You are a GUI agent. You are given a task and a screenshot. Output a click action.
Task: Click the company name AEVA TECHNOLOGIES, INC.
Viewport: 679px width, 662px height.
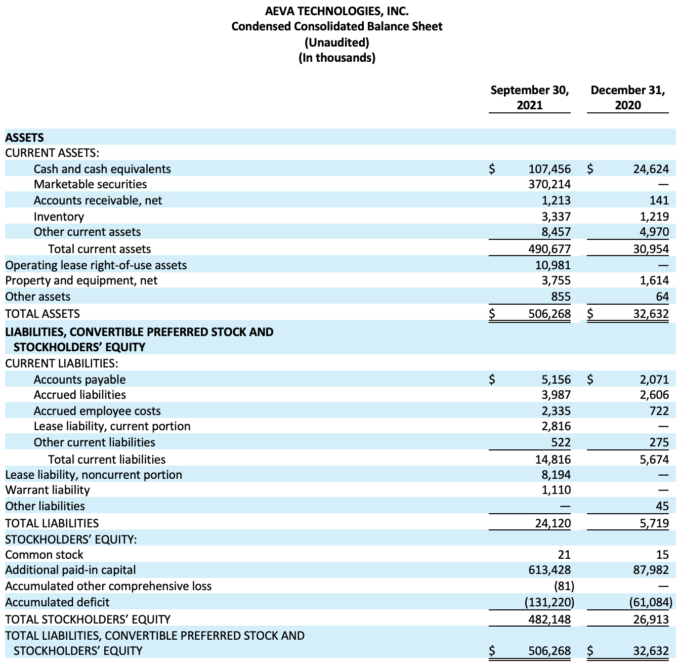pyautogui.click(x=336, y=11)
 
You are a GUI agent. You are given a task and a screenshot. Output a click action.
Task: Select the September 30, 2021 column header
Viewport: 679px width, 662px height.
pyautogui.click(x=529, y=98)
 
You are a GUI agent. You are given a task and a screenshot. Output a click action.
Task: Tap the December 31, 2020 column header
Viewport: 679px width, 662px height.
pyautogui.click(x=627, y=98)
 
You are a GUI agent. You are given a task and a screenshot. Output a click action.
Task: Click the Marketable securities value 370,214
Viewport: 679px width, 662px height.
pyautogui.click(x=549, y=184)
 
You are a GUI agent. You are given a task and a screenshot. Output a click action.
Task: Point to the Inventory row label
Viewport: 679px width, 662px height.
pyautogui.click(x=59, y=217)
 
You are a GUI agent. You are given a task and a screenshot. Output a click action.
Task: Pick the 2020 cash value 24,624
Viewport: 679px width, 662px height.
pyautogui.click(x=651, y=169)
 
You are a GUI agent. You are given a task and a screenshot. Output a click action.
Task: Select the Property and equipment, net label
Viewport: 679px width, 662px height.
pyautogui.click(x=81, y=280)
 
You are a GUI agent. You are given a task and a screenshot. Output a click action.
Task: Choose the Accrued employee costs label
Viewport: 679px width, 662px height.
pyautogui.click(x=97, y=411)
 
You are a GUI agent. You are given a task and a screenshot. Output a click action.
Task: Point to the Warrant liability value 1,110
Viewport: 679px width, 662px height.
pyautogui.click(x=556, y=490)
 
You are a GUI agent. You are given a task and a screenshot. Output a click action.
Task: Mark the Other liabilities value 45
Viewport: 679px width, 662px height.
pyautogui.click(x=662, y=506)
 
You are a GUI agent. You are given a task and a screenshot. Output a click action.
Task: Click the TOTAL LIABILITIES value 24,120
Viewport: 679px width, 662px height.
pyautogui.click(x=553, y=523)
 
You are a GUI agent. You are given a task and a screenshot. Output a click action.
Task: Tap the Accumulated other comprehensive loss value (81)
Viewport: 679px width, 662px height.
pyautogui.click(x=564, y=586)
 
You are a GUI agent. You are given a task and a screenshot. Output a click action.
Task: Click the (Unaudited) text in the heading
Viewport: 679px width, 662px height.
pyautogui.click(x=336, y=42)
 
